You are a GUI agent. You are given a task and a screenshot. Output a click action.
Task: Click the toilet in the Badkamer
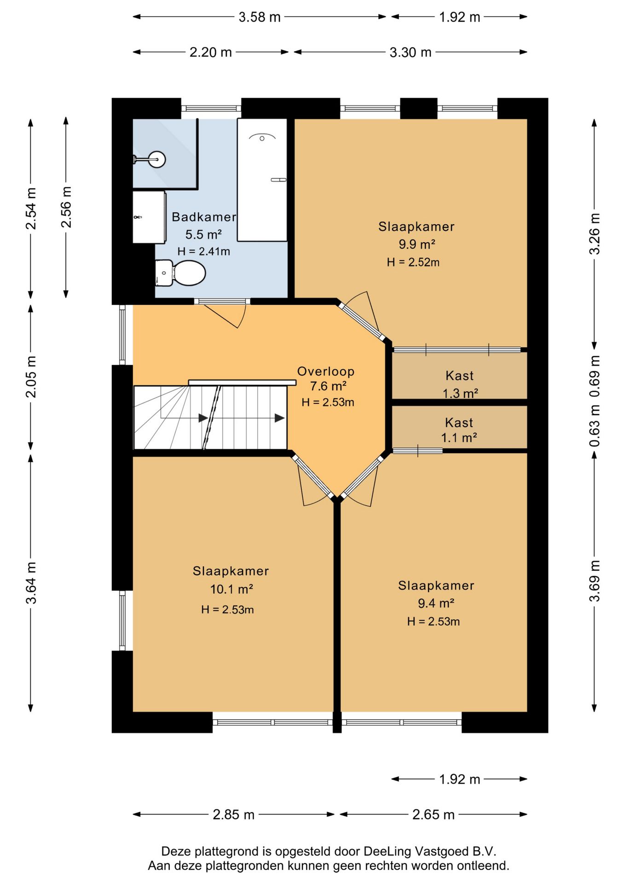tap(180, 273)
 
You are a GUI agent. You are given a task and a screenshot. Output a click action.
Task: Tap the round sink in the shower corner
tap(156, 160)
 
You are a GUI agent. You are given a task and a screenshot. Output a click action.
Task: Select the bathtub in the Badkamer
tap(262, 180)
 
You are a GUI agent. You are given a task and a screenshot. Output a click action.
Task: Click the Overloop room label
tap(326, 372)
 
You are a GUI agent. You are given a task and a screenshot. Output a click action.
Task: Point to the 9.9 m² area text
tap(417, 244)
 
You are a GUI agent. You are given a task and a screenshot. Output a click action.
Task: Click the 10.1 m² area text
tap(231, 589)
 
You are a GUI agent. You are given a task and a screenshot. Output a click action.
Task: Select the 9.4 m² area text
tap(436, 603)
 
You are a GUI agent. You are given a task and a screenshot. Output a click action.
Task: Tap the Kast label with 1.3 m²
tap(459, 376)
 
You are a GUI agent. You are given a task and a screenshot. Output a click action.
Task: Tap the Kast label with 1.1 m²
tap(459, 423)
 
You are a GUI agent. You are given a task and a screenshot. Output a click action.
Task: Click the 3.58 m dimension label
tap(260, 17)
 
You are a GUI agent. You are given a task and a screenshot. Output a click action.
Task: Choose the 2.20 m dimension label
tap(211, 52)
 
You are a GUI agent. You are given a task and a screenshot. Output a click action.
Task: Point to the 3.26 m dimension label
tap(595, 234)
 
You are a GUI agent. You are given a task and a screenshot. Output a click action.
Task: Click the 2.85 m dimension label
tap(233, 814)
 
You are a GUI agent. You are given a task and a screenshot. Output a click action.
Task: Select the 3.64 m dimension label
tap(31, 582)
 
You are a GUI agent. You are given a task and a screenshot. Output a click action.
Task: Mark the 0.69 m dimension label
tap(595, 377)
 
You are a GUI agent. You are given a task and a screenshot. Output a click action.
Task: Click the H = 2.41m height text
tap(203, 251)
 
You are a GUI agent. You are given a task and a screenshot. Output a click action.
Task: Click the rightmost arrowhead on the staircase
tap(279, 418)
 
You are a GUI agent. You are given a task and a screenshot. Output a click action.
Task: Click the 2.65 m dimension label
tap(433, 814)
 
